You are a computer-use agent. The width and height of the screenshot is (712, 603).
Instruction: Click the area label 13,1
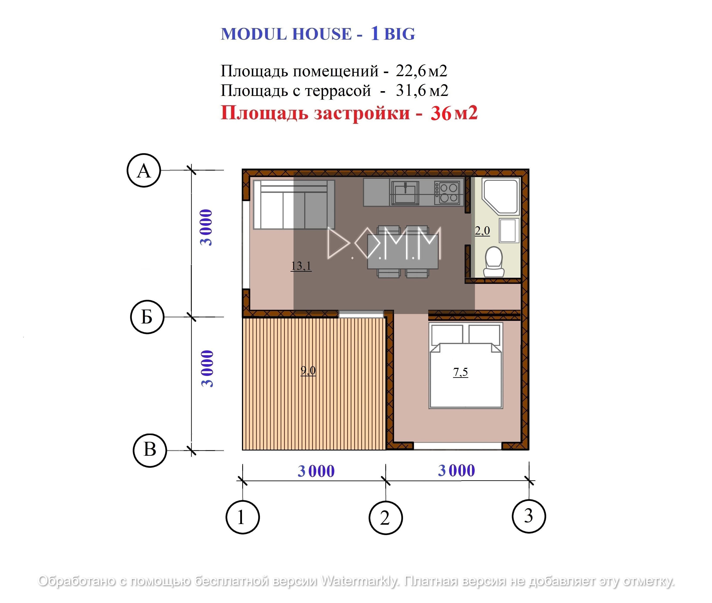[x=301, y=266]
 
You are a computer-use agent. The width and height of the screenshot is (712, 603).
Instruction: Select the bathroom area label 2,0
[x=482, y=231]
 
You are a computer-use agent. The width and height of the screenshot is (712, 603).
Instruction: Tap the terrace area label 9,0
[x=308, y=370]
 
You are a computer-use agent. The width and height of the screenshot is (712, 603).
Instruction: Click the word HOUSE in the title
[x=322, y=34]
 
